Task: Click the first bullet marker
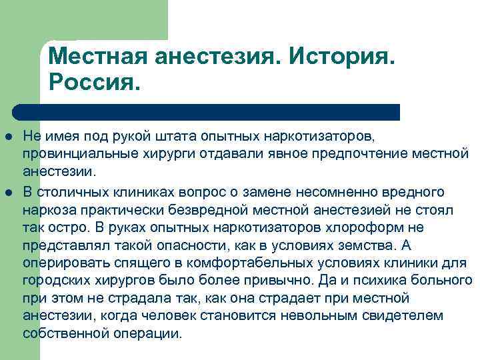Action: coord(13,137)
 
